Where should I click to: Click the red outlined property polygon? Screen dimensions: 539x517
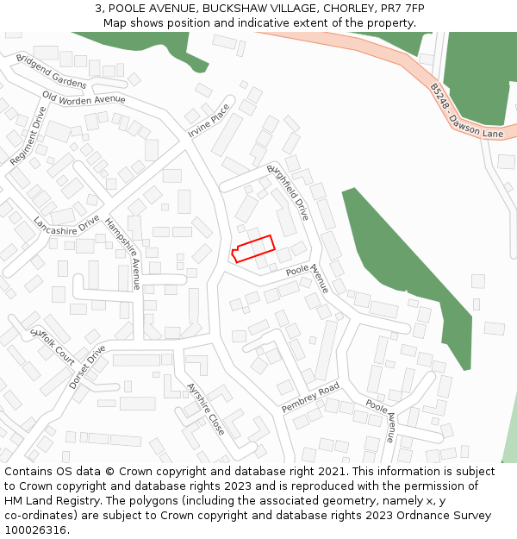point(252,248)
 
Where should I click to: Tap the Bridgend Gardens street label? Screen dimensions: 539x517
point(51,71)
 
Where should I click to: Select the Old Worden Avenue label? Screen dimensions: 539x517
point(84,99)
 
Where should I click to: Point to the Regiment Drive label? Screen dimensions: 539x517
point(28,136)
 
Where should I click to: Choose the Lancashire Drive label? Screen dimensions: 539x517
point(66,224)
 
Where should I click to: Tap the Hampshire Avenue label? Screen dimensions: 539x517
point(123,253)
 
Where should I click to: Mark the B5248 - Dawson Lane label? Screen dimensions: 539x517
point(466,111)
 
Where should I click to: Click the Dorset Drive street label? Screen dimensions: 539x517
point(87,367)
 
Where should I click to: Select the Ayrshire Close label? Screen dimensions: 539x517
point(206,408)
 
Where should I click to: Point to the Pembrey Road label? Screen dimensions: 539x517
point(311,398)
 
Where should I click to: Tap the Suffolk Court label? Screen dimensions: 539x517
point(53,344)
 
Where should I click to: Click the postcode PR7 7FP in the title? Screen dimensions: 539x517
point(402,8)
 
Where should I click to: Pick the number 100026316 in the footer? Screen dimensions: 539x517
point(35,530)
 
